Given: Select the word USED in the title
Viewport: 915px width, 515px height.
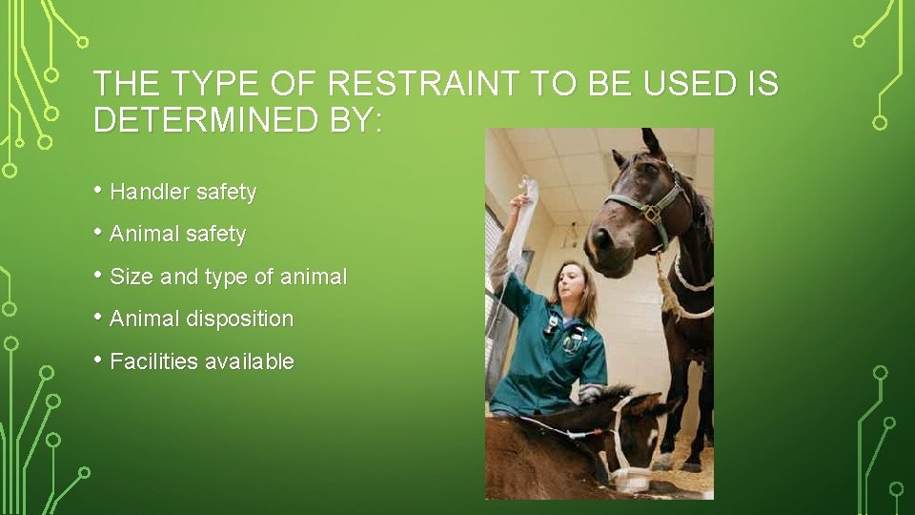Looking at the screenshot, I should [687, 85].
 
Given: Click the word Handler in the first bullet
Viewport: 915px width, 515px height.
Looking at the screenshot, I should [150, 192].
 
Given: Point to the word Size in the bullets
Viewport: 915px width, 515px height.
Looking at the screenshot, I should [132, 277].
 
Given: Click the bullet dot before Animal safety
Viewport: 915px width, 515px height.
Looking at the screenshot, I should [99, 234].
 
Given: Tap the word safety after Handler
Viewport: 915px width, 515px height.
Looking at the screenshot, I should [226, 192].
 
